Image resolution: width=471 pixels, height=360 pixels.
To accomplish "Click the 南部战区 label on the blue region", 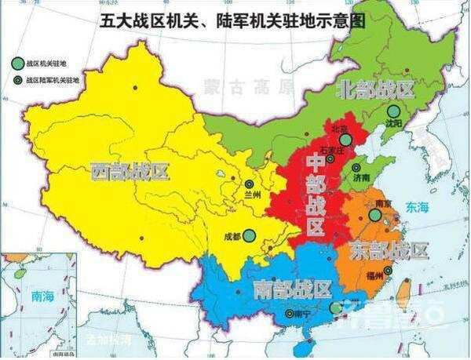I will click(x=292, y=289).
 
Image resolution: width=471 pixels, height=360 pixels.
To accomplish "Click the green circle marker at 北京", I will click(x=343, y=141).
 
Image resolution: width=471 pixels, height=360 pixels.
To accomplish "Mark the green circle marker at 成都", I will click(x=249, y=235).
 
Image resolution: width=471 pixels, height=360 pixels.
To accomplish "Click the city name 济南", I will click(x=362, y=178).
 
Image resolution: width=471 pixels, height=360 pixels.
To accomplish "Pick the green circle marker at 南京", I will click(x=384, y=215).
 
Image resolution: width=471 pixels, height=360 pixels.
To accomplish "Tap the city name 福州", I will click(x=374, y=276).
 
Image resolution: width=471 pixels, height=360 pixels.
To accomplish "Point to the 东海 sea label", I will click(x=418, y=207).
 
